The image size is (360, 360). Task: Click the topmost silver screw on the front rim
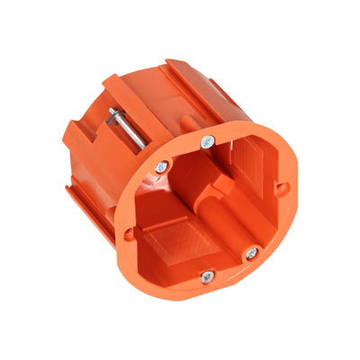pyautogui.click(x=207, y=141)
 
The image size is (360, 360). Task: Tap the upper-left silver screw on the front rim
pyautogui.click(x=161, y=166)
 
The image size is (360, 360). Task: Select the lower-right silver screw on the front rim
pyautogui.click(x=251, y=255)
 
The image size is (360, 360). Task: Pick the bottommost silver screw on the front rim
pyautogui.click(x=207, y=277)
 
